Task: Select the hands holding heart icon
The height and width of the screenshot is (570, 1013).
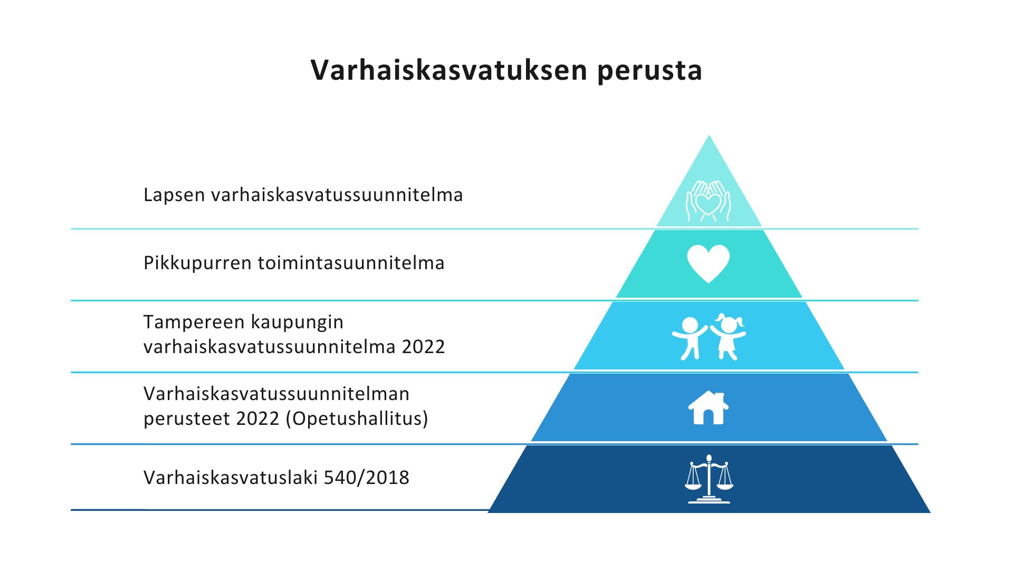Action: tap(709, 201)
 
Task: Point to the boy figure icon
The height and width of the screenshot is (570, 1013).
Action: tap(689, 338)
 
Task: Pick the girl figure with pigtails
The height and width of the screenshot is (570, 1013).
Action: tap(728, 337)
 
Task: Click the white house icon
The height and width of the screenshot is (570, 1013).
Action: tap(709, 407)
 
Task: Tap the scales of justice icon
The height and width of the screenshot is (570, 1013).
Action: tap(709, 479)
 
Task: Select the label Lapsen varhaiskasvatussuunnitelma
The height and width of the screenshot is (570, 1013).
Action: tap(303, 195)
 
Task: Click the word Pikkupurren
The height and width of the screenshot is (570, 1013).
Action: tap(197, 263)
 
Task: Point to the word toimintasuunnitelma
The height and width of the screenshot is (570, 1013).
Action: tap(351, 263)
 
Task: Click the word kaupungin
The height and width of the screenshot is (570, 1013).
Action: tap(298, 322)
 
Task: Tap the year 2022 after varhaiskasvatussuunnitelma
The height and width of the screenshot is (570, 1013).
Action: tap(424, 347)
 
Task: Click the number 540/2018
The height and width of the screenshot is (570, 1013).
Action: tap(366, 478)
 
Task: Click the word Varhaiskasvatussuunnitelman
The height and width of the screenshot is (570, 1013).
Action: tap(276, 394)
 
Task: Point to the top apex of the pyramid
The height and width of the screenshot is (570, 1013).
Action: tap(709, 135)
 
